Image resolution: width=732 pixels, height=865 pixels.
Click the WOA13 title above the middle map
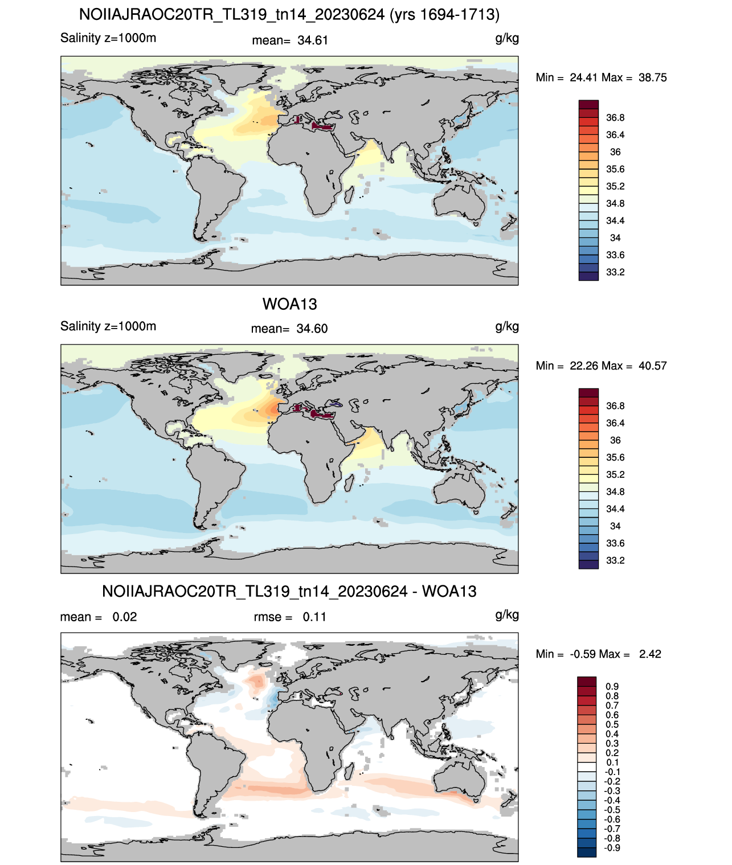click(x=289, y=304)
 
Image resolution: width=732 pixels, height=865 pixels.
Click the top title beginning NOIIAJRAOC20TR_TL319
click(x=289, y=15)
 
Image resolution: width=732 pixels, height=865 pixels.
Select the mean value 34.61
click(x=313, y=40)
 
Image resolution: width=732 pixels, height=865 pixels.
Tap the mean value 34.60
click(x=312, y=329)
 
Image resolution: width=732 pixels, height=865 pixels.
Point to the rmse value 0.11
click(x=314, y=617)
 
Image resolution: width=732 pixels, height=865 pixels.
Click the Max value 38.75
click(x=652, y=78)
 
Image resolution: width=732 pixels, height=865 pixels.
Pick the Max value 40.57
click(x=652, y=366)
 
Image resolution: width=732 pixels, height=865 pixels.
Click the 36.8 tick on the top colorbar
click(x=615, y=118)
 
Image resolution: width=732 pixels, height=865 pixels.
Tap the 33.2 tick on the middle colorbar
click(x=615, y=561)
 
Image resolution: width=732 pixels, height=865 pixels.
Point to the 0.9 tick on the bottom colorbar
click(x=612, y=687)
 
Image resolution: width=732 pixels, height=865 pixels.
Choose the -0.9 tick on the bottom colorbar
click(x=612, y=848)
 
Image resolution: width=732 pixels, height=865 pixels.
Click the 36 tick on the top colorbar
click(x=615, y=152)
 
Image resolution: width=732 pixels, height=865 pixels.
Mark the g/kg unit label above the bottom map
click(x=507, y=615)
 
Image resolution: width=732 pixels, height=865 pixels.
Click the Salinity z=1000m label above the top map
click(x=108, y=38)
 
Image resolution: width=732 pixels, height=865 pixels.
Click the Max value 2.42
click(x=650, y=654)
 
